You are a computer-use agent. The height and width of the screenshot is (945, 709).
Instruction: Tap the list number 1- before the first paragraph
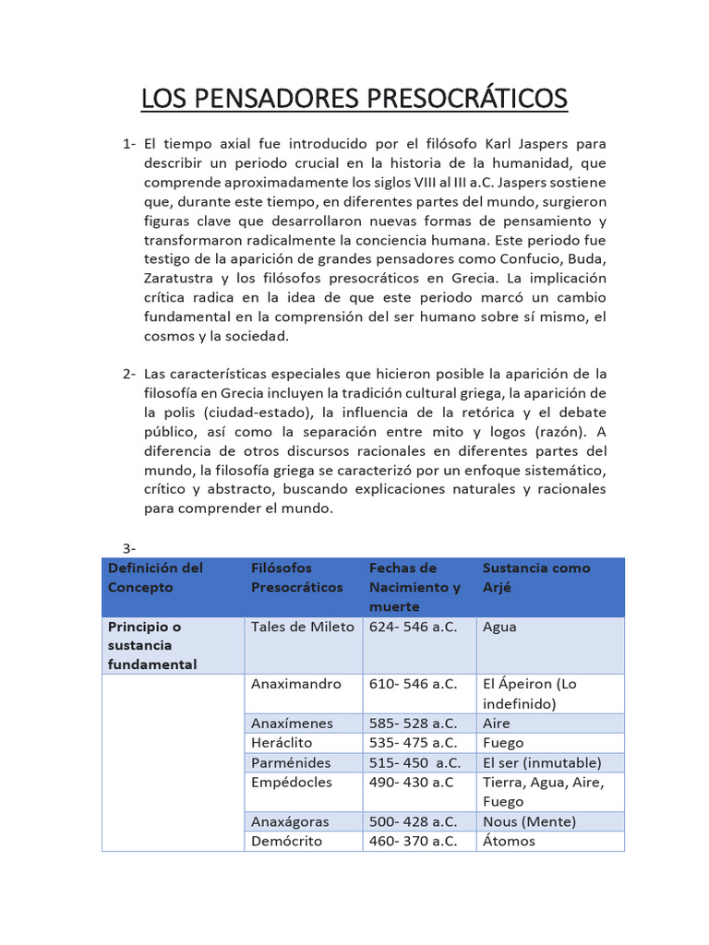[x=129, y=144]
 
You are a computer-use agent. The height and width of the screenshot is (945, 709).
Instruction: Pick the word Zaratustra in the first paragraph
[x=180, y=279]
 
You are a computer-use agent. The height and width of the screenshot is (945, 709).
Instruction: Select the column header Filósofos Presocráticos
[x=296, y=578]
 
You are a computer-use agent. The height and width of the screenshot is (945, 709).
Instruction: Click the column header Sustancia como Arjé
[x=535, y=578]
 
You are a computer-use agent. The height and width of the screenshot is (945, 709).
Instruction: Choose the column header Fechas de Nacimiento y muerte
[x=415, y=587]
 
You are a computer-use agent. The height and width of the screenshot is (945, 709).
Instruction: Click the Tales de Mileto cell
[x=302, y=628]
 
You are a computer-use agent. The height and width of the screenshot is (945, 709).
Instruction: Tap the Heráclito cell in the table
[x=282, y=743]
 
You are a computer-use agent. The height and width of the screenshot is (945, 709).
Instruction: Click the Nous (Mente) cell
[x=529, y=821]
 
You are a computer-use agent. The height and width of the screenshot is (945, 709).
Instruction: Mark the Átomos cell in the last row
[x=509, y=841]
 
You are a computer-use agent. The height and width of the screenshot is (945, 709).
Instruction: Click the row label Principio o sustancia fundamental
[x=152, y=645]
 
